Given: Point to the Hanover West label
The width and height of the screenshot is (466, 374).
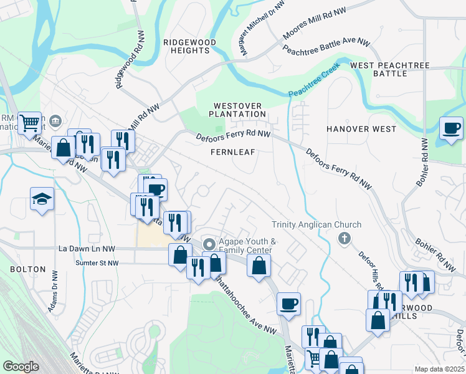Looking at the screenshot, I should pyautogui.click(x=361, y=129).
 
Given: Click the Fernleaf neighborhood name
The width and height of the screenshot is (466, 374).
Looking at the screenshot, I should pyautogui.click(x=232, y=152).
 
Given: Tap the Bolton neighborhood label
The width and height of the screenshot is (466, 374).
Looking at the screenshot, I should pyautogui.click(x=27, y=269).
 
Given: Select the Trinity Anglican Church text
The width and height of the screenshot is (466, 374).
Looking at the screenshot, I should pyautogui.click(x=316, y=225).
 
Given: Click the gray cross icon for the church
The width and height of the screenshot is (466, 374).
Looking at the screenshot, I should pyautogui.click(x=344, y=238).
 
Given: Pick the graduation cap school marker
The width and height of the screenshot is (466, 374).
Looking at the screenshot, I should pyautogui.click(x=42, y=199).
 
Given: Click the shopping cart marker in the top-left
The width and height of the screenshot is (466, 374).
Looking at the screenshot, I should pyautogui.click(x=29, y=123).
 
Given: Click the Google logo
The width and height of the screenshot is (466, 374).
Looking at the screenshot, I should pyautogui.click(x=21, y=367).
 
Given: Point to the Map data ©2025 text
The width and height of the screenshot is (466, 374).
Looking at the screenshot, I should pyautogui.click(x=439, y=369).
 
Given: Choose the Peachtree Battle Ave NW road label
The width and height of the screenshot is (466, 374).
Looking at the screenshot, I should pyautogui.click(x=326, y=47).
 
